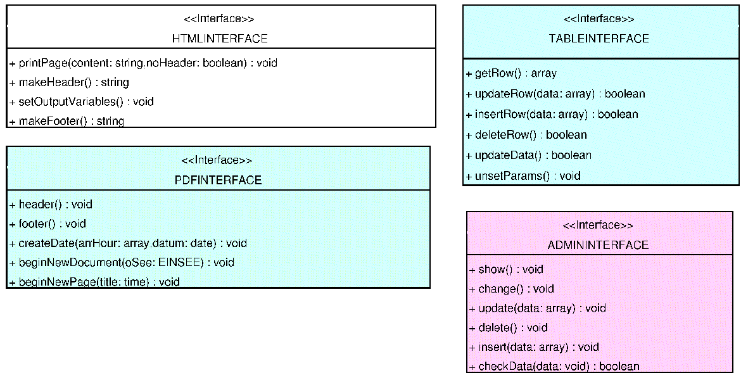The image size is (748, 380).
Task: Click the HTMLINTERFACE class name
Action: click(220, 39)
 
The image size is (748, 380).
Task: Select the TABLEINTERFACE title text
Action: click(599, 39)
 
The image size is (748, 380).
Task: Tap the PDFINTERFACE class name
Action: click(218, 180)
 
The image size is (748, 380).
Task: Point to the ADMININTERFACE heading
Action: click(598, 245)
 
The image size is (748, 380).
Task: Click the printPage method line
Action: click(143, 63)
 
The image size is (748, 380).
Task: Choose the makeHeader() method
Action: click(69, 82)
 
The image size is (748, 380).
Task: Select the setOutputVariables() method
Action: click(82, 101)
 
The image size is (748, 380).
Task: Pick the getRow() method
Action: click(511, 73)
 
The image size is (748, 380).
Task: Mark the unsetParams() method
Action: click(523, 176)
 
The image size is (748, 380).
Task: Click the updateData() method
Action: click(528, 155)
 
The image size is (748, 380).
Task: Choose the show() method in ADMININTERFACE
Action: click(506, 270)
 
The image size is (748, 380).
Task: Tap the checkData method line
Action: click(554, 366)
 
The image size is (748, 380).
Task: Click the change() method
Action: click(512, 289)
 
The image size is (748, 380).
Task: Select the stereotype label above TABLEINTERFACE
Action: click(599, 19)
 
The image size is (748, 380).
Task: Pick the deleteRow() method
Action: click(526, 135)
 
